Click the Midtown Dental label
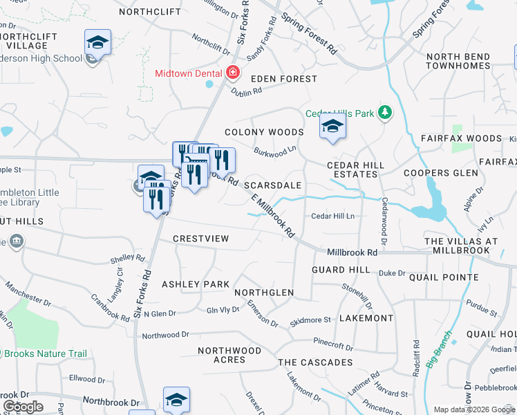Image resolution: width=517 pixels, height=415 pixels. click(x=189, y=73)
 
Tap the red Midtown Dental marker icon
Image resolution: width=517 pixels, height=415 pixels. click(x=233, y=73)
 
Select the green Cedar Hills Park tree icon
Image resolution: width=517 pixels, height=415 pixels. click(x=386, y=112)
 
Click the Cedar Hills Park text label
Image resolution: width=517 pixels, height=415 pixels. click(x=340, y=113)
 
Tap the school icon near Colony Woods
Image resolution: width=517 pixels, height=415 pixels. click(x=332, y=127)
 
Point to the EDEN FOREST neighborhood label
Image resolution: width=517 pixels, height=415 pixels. click(x=283, y=79)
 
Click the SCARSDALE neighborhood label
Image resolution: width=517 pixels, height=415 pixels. click(x=272, y=185)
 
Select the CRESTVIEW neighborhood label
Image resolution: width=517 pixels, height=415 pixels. click(x=200, y=239)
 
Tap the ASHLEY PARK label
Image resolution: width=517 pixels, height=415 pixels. click(x=195, y=284)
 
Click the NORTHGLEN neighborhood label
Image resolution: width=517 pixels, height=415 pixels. click(x=264, y=293)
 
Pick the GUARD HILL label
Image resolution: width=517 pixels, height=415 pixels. click(x=341, y=269)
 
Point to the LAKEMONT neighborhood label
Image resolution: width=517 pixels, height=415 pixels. click(x=366, y=318)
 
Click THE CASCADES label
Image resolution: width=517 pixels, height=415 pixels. click(x=315, y=362)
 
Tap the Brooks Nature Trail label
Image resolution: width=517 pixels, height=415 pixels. click(x=46, y=353)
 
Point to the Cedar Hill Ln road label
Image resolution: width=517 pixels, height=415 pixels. click(x=332, y=216)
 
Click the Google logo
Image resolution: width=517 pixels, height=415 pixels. click(x=23, y=407)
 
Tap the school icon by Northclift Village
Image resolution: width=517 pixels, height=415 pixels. click(x=97, y=43)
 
